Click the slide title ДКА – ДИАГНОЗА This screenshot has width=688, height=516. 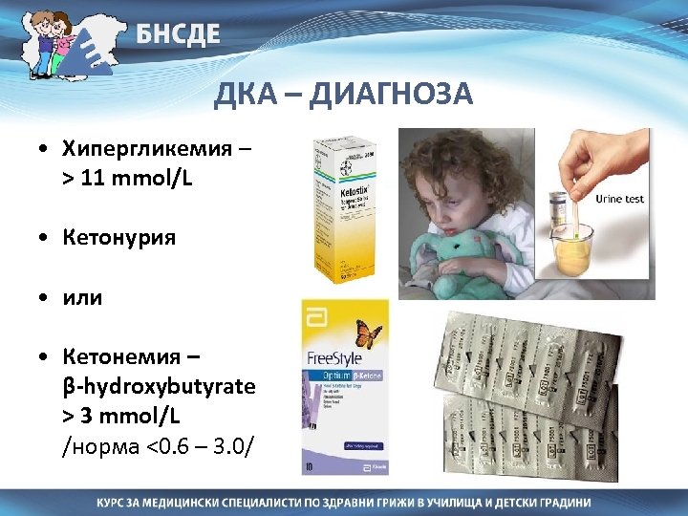(x=343, y=94)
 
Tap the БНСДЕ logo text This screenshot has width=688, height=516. (x=178, y=34)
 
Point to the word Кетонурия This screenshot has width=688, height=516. (x=119, y=237)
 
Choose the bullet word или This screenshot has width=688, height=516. (x=85, y=297)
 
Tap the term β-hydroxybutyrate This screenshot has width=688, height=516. (x=159, y=387)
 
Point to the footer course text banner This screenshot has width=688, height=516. (x=343, y=502)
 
